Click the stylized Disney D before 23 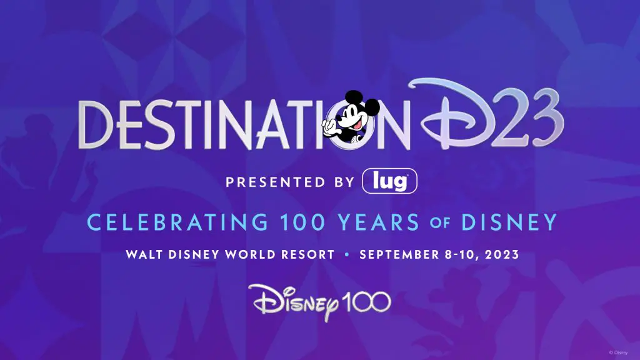point(453,114)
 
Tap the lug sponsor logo point(389,181)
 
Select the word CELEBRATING point(177,222)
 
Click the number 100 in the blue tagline point(302,222)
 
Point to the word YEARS point(378,222)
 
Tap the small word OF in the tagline point(439,223)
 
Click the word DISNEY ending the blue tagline point(509,222)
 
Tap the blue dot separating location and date point(347,255)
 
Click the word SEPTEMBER point(399,255)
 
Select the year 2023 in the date point(502,255)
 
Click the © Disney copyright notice point(618,352)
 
